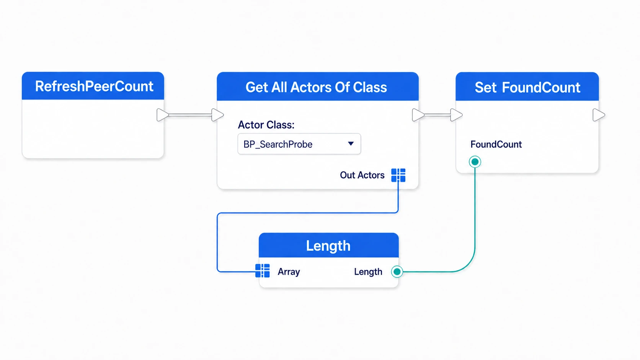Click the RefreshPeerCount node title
(94, 86)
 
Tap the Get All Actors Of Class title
(316, 87)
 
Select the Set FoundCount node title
(527, 87)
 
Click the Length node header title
(328, 246)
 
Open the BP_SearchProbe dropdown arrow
(351, 143)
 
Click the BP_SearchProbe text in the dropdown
(278, 145)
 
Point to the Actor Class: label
(266, 125)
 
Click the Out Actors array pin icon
(398, 175)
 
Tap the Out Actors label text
(362, 175)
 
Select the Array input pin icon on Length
(262, 270)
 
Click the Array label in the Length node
(289, 272)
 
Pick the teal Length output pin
(397, 272)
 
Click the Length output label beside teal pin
(368, 272)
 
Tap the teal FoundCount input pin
(475, 162)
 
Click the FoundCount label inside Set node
(496, 145)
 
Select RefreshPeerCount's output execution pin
(163, 115)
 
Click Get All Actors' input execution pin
(217, 115)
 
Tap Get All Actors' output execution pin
(418, 115)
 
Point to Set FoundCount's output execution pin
(599, 115)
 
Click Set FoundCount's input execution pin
(456, 115)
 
